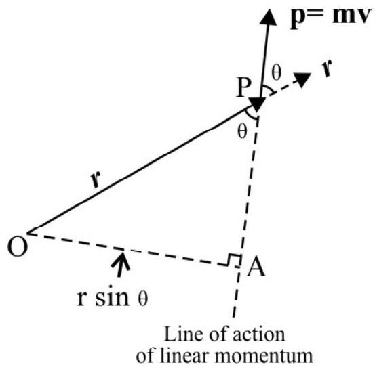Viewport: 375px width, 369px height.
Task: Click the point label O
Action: pos(17,247)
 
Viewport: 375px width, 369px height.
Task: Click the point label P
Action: pos(243,87)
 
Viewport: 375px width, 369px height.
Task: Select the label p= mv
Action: pos(330,18)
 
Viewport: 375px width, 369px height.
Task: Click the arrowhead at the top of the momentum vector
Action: pos(269,17)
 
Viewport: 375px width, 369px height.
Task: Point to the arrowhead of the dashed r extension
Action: pos(302,79)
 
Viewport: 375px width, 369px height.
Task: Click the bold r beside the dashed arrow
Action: pos(327,68)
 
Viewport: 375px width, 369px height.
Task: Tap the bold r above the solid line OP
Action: pos(96,179)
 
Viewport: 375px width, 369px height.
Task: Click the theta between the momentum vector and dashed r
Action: pos(276,72)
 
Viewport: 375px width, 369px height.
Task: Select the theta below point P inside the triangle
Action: pos(242,131)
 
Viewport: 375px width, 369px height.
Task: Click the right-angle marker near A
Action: pos(233,260)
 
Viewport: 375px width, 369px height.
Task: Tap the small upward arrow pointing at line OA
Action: pos(121,264)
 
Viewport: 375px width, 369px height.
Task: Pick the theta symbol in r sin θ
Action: pos(143,299)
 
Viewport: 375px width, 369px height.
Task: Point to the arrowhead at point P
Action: pos(256,105)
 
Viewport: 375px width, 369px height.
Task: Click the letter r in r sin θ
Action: pos(81,299)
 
